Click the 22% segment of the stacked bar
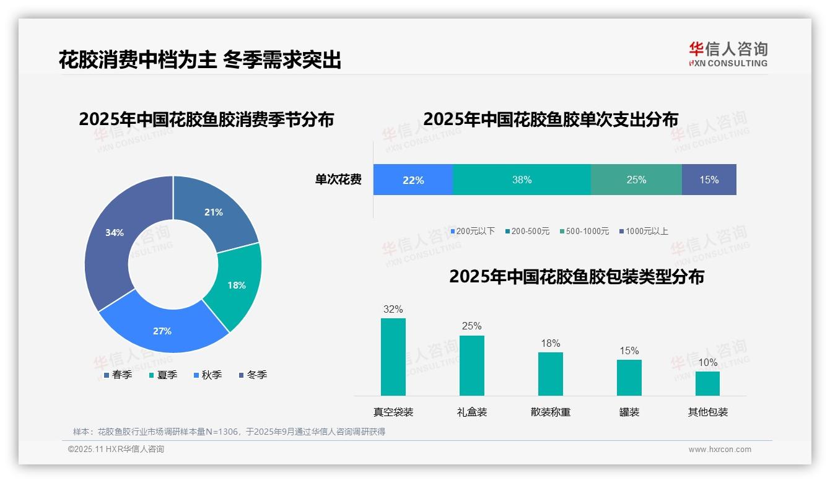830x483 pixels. coord(413,180)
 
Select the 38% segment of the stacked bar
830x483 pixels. coord(522,180)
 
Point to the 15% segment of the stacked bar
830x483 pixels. coord(709,180)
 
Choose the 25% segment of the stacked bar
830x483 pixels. coord(636,180)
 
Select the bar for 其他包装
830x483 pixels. coord(707,383)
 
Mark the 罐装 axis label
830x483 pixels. coord(629,412)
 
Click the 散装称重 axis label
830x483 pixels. coord(551,412)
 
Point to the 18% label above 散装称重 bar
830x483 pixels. coord(551,343)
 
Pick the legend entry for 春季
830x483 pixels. coord(118,375)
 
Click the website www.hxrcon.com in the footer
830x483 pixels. coord(720,450)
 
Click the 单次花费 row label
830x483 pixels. coord(338,180)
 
